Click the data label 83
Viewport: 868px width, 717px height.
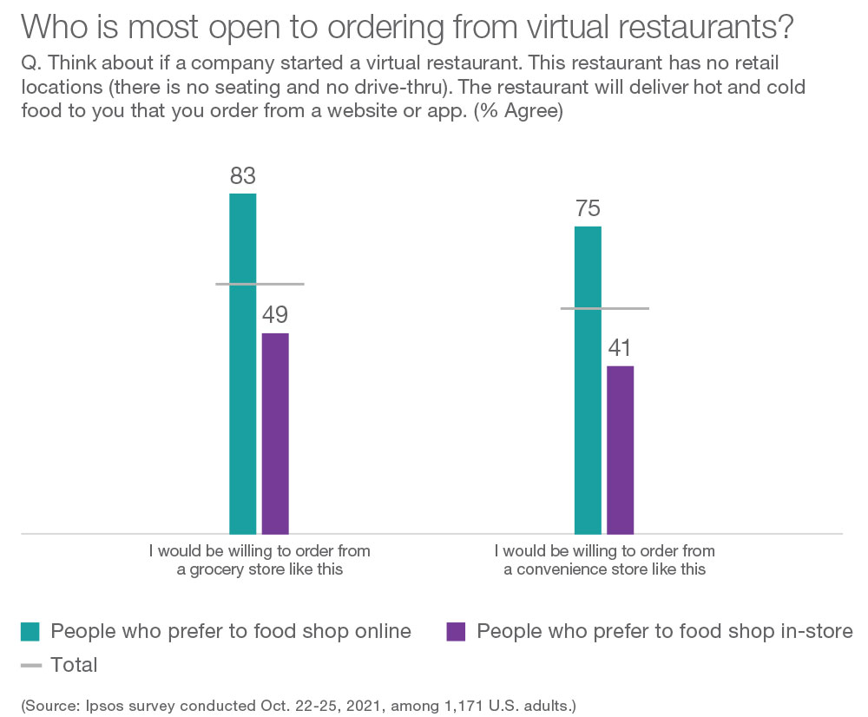click(243, 176)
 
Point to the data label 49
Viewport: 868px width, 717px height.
click(275, 315)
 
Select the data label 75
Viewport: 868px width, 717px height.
click(588, 209)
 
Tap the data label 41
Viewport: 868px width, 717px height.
click(620, 348)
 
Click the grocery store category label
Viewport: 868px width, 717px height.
click(260, 560)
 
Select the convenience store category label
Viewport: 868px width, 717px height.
click(604, 560)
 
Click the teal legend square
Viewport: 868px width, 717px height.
click(30, 632)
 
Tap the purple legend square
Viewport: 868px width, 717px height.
click(456, 632)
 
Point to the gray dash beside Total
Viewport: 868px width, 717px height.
click(30, 666)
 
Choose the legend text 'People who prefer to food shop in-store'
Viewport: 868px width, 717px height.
click(665, 631)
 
